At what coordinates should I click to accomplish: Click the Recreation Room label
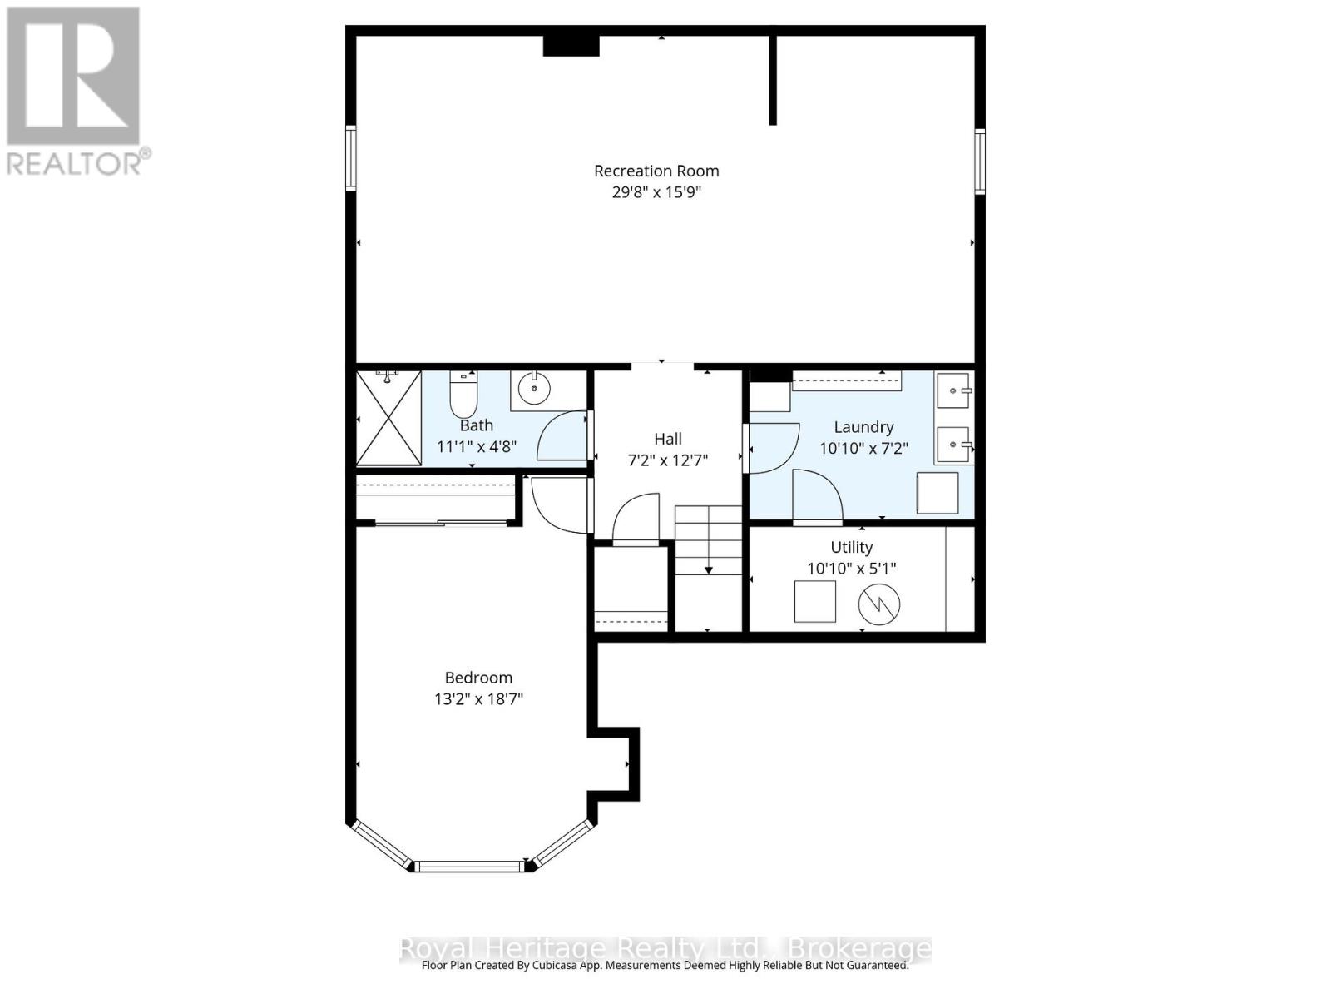[x=656, y=171]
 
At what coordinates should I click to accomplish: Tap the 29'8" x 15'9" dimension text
[x=656, y=192]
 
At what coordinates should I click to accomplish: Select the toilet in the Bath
[x=463, y=394]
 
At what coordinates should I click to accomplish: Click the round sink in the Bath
[x=533, y=389]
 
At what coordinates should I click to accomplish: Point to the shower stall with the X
[x=388, y=418]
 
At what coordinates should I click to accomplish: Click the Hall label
[x=668, y=439]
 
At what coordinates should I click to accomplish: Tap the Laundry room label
[x=863, y=427]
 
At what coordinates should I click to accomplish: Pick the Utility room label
[x=851, y=547]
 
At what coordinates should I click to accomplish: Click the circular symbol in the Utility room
[x=878, y=604]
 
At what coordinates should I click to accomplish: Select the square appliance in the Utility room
[x=815, y=601]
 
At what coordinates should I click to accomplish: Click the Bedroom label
[x=478, y=678]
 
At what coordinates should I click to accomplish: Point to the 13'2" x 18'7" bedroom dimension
[x=478, y=699]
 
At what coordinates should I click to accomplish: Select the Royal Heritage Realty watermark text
[x=665, y=949]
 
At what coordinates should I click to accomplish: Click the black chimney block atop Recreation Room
[x=571, y=46]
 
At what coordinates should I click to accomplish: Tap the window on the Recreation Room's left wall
[x=350, y=158]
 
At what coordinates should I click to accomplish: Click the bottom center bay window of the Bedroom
[x=470, y=866]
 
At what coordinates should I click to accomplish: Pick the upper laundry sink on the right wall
[x=954, y=390]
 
